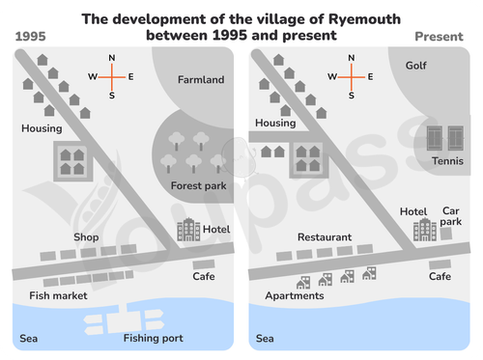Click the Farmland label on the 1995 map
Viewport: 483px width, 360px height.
tap(201, 79)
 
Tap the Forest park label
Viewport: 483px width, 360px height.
tap(198, 185)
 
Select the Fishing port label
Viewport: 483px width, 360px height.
tap(154, 338)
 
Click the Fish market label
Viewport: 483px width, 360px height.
tap(58, 295)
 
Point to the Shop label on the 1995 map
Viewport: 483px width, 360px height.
tap(86, 237)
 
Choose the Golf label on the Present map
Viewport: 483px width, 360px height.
tap(416, 66)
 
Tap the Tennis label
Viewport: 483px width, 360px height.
tap(447, 161)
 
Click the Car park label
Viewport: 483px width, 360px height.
tap(451, 216)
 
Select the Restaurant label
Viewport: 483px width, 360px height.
tap(325, 237)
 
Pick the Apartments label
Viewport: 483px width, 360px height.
tap(295, 296)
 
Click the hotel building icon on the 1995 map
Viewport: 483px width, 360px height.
tap(188, 230)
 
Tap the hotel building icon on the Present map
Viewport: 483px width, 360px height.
tap(425, 230)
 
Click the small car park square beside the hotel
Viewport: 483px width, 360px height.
tap(446, 234)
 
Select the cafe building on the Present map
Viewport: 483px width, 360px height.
tap(440, 264)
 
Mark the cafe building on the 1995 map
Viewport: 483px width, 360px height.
tap(204, 264)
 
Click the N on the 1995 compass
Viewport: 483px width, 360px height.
tap(112, 58)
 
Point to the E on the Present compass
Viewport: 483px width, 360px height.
tap(370, 77)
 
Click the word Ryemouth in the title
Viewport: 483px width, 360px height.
tap(364, 20)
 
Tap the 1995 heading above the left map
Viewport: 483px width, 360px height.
tap(31, 37)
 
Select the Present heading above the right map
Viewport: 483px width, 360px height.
tap(440, 37)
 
